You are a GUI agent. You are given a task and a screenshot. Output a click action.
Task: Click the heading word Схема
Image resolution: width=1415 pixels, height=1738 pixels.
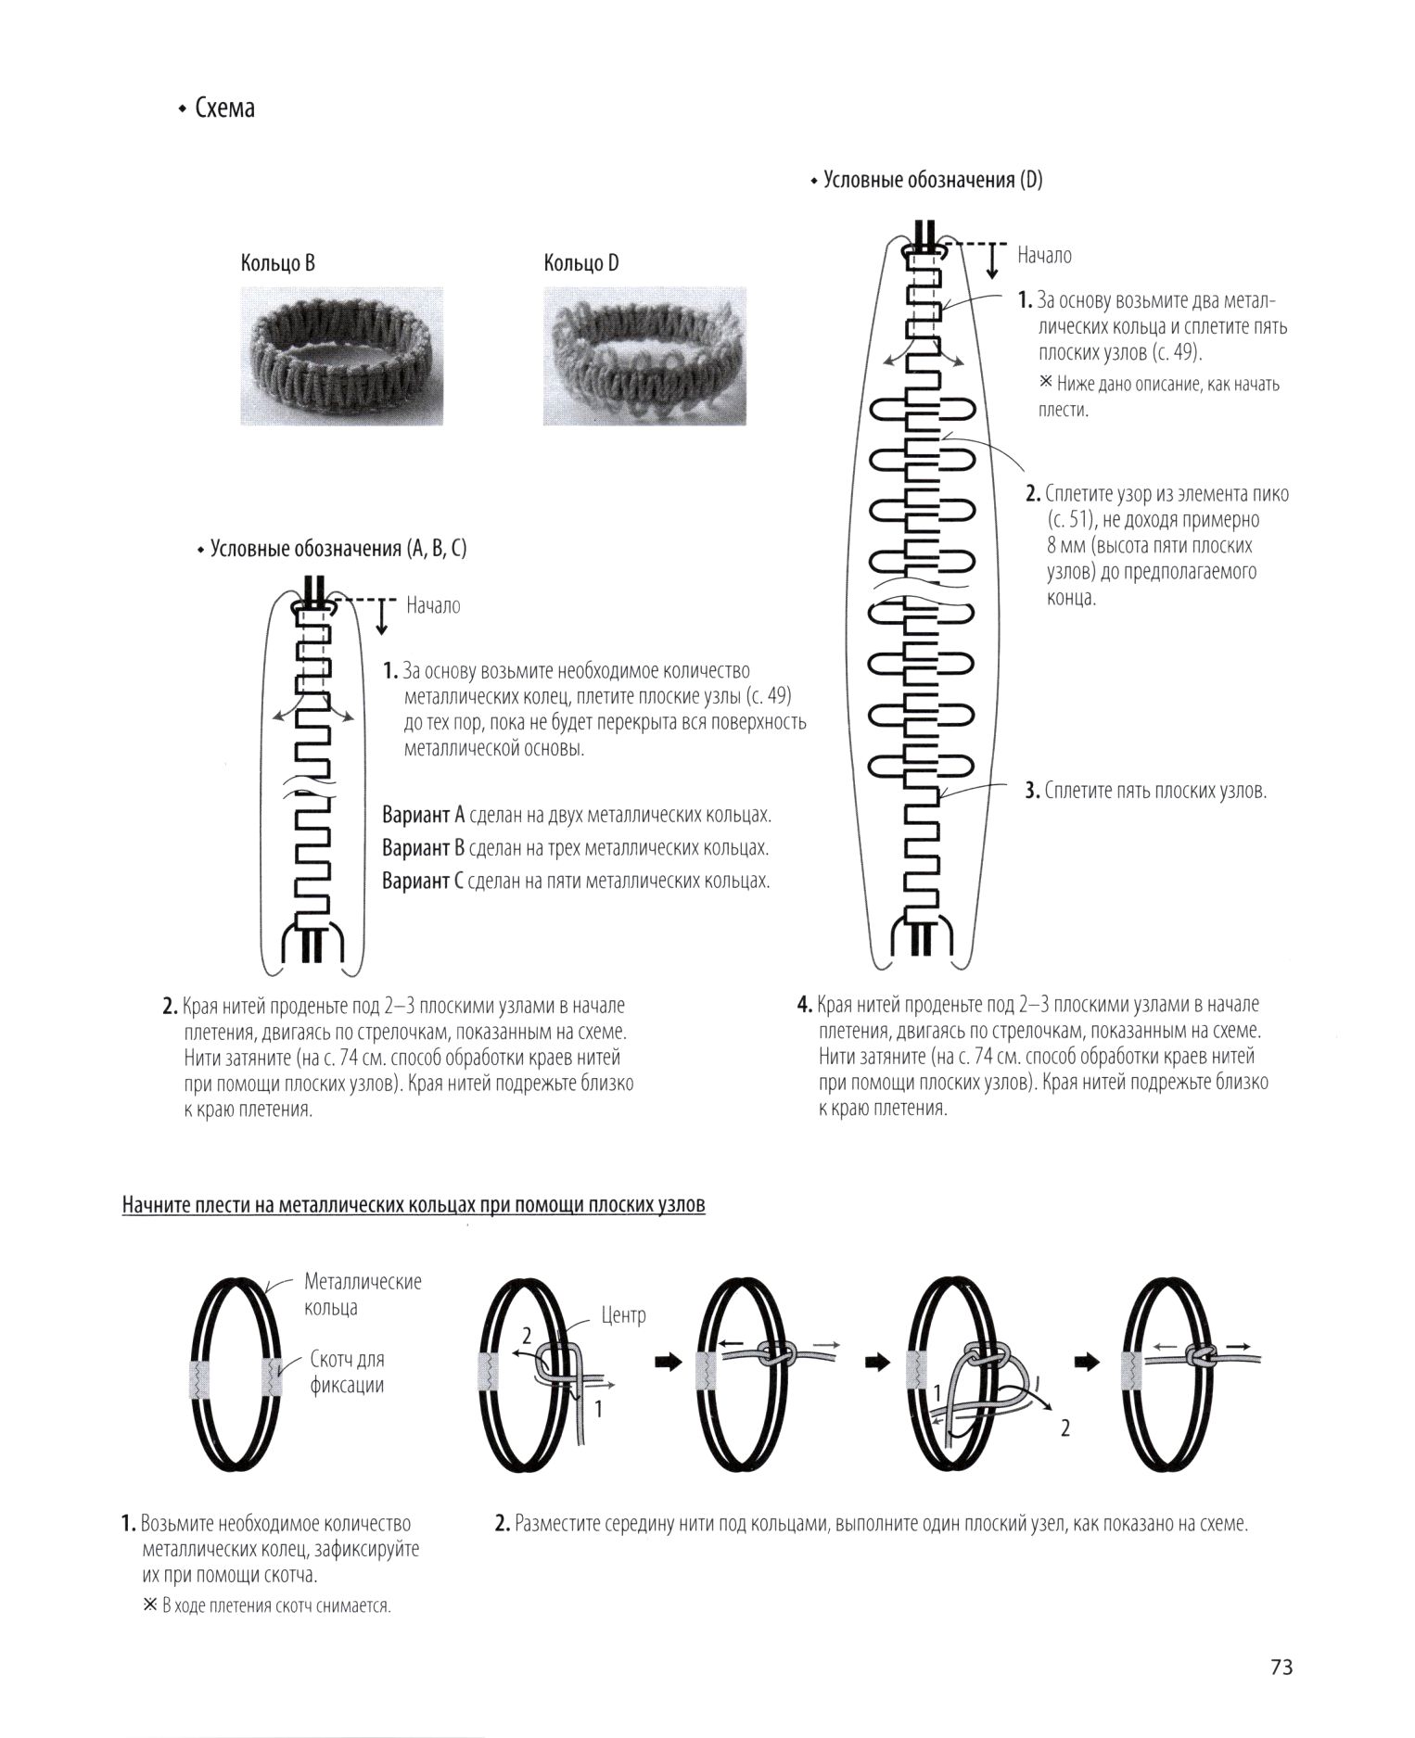(224, 108)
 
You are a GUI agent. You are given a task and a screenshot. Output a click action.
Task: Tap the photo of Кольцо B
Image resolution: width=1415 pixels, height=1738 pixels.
(341, 356)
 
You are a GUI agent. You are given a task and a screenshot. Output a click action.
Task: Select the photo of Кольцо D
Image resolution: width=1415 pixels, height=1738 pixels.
(644, 356)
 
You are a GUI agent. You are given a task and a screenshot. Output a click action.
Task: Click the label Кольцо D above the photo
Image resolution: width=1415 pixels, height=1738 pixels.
(580, 263)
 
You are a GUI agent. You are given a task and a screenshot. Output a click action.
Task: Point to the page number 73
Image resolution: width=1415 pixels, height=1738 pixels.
(1281, 1667)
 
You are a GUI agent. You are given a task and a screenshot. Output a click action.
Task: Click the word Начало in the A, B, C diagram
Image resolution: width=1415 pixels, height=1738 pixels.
(433, 606)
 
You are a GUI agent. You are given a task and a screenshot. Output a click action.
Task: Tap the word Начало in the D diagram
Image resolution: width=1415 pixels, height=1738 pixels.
(1044, 255)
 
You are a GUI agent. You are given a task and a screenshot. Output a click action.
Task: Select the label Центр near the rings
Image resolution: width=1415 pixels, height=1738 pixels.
(623, 1314)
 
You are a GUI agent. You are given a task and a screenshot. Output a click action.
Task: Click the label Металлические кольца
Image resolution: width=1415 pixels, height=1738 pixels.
(362, 1294)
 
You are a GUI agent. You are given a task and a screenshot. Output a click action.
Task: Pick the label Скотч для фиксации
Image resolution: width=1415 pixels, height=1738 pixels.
(347, 1372)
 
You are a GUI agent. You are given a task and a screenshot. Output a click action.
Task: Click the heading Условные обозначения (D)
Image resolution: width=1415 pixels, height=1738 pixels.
(932, 180)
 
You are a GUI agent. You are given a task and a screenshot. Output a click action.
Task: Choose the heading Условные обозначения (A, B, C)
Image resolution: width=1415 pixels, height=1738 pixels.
(338, 549)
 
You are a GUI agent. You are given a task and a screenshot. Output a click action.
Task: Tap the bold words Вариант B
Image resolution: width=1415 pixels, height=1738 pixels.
(423, 848)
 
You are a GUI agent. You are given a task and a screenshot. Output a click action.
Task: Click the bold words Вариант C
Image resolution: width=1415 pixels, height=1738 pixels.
(422, 881)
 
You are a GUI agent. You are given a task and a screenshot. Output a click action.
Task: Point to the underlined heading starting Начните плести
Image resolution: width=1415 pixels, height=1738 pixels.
(414, 1205)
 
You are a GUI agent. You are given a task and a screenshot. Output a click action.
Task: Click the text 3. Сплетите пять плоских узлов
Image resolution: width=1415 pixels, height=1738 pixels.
(1145, 791)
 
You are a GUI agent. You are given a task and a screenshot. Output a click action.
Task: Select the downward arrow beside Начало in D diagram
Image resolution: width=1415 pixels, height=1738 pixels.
(992, 261)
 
